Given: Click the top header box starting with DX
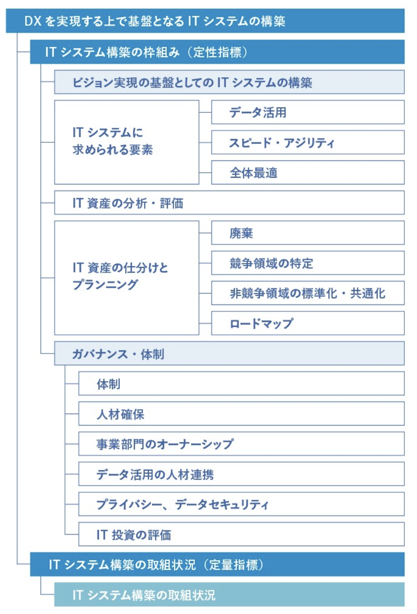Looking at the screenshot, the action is (205, 21).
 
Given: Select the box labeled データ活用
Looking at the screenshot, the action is (308, 112).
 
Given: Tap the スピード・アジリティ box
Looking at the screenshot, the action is (308, 142).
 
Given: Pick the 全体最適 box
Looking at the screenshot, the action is (308, 172).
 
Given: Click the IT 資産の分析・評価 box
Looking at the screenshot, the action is (229, 202).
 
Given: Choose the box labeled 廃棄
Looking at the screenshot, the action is (308, 233).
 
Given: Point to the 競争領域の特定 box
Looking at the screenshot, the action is (308, 263).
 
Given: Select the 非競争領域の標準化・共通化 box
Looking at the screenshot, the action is (308, 293).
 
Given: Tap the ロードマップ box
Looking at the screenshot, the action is (308, 323).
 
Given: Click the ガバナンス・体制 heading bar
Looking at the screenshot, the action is (229, 353).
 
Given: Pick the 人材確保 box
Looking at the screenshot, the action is (241, 414).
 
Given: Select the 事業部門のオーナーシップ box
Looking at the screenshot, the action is (241, 444).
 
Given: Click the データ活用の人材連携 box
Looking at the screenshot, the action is (241, 474).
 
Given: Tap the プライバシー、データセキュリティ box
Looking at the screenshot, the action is (241, 504).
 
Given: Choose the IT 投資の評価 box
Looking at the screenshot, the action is (241, 534).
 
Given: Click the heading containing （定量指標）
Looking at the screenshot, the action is (217, 565).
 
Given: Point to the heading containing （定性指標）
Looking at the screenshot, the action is (217, 52).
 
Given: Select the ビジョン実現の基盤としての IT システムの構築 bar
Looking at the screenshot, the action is (229, 82).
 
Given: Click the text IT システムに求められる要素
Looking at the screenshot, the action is (112, 141).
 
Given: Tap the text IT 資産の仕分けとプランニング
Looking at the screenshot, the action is (120, 276).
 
